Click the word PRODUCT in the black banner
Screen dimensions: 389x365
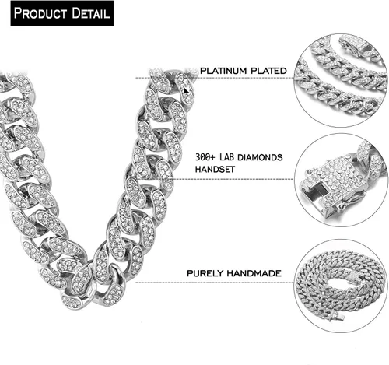pyautogui.click(x=40, y=13)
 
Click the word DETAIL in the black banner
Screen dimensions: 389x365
pyautogui.click(x=91, y=13)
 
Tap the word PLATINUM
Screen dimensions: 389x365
pyautogui.click(x=223, y=71)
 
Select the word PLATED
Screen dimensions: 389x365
pyautogui.click(x=268, y=71)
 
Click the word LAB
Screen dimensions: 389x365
pyautogui.click(x=226, y=157)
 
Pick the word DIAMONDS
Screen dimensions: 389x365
pyautogui.click(x=260, y=157)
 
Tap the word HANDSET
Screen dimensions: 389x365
pyautogui.click(x=215, y=170)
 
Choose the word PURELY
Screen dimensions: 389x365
pyautogui.click(x=205, y=273)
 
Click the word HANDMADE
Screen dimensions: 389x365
pyautogui.click(x=254, y=273)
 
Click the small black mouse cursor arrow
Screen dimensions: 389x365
pyautogui.click(x=186, y=90)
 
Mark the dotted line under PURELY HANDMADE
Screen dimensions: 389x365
pyautogui.click(x=215, y=283)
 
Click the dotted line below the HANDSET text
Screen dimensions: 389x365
pyautogui.click(x=233, y=179)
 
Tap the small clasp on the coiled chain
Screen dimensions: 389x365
pyautogui.click(x=336, y=317)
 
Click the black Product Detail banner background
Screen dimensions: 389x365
pyautogui.click(x=62, y=23)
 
